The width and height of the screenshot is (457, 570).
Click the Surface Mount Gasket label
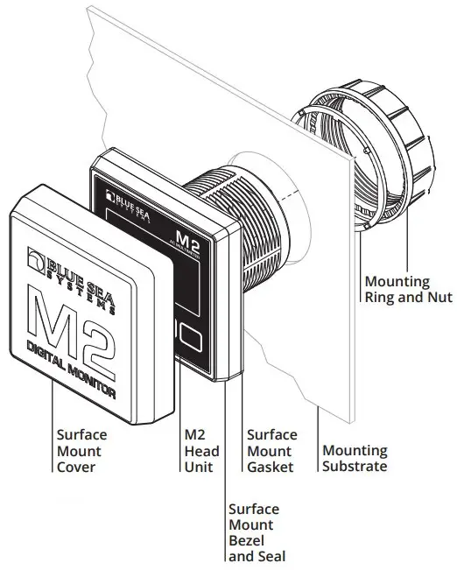tap(272, 450)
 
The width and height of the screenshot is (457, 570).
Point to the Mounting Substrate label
tap(355, 458)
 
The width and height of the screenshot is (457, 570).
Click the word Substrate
tap(355, 466)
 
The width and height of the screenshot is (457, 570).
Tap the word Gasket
tap(272, 467)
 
